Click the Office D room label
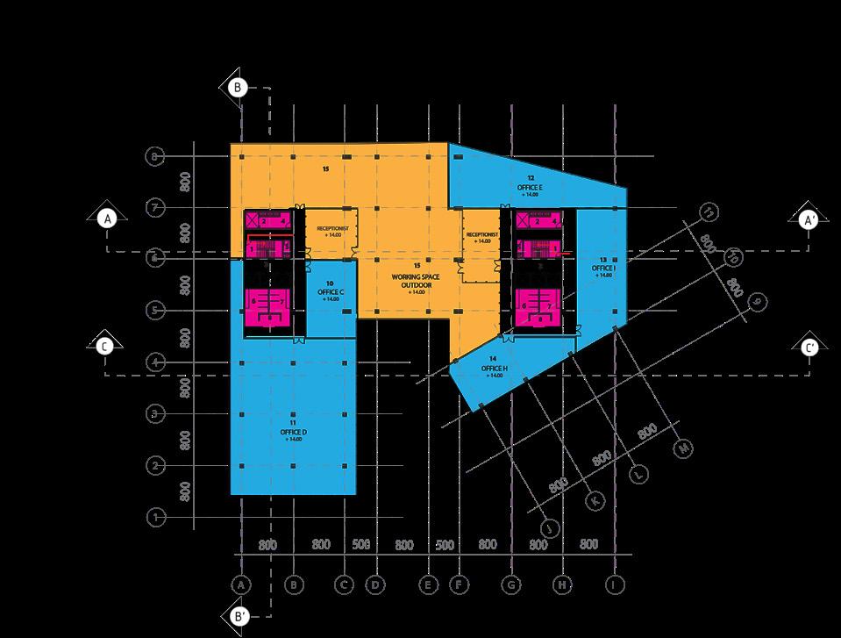point(293,432)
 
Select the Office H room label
point(493,369)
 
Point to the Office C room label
point(330,290)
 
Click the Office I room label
point(603,268)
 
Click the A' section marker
point(810,219)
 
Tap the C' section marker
point(810,348)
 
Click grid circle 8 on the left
point(155,156)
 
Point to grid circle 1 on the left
point(155,517)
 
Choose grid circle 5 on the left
point(155,311)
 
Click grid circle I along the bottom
point(616,584)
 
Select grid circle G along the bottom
point(510,584)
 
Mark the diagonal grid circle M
point(684,448)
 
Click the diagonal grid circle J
point(551,527)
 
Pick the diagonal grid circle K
point(595,500)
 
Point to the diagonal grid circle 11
point(708,211)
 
